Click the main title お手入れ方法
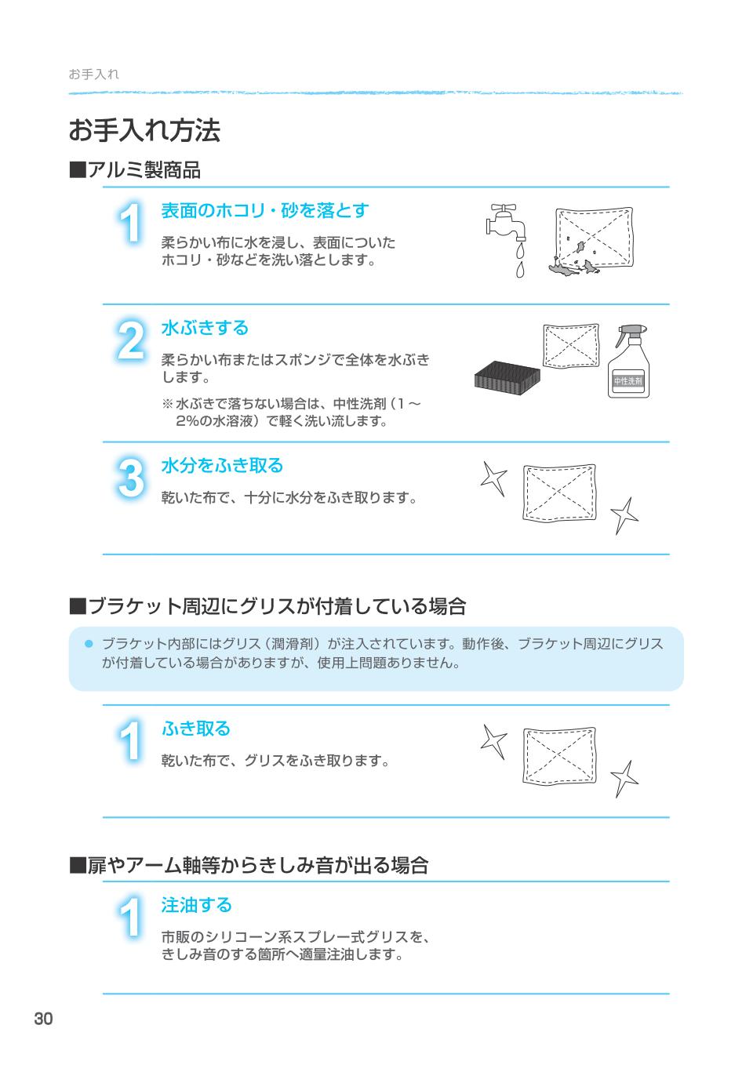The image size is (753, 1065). [x=144, y=131]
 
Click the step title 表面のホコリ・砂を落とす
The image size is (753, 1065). [x=264, y=211]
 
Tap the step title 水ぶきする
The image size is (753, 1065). [x=204, y=328]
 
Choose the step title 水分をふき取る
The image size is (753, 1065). [x=222, y=466]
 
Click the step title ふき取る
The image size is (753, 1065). [x=196, y=729]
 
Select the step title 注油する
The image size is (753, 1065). [x=196, y=905]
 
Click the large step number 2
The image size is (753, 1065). [x=131, y=343]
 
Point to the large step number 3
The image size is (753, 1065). [x=131, y=478]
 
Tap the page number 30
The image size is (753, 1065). [x=43, y=1019]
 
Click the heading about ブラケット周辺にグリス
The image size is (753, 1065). [x=268, y=606]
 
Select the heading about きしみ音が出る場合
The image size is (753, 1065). [x=249, y=866]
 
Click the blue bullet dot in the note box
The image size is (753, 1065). [x=89, y=644]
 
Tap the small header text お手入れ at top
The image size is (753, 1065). [x=93, y=75]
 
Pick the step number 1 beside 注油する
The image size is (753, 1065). [x=131, y=918]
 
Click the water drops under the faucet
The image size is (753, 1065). [x=518, y=260]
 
